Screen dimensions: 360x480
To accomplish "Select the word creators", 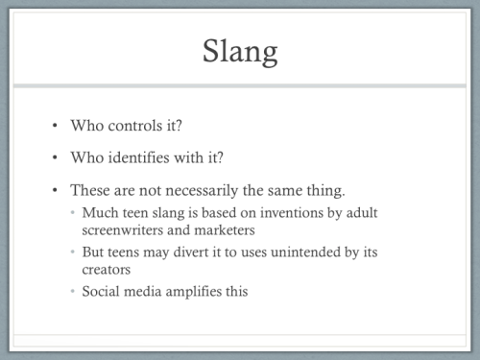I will click(x=106, y=270).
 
